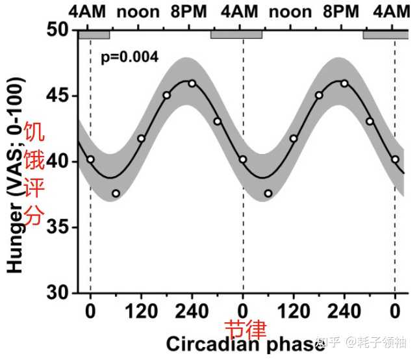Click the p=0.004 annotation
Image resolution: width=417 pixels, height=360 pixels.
(x=129, y=57)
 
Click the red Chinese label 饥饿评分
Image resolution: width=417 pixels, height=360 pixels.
(x=33, y=174)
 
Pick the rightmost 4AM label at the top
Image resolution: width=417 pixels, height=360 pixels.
(x=394, y=11)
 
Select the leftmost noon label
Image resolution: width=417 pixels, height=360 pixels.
(x=138, y=11)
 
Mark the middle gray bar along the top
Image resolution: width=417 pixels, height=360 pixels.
(x=236, y=34)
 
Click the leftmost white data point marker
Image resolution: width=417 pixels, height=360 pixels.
(x=90, y=159)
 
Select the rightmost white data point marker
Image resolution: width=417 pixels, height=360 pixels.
(x=395, y=159)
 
